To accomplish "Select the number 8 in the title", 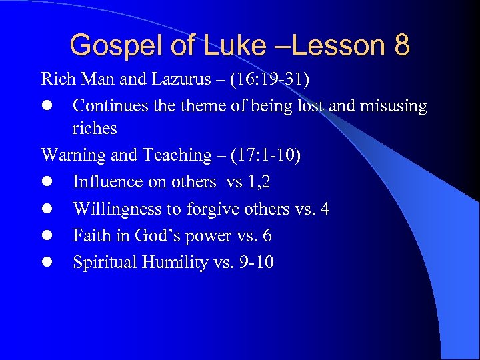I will pyautogui.click(x=401, y=45).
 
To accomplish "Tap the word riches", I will pyautogui.click(x=95, y=128).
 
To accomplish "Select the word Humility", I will pyautogui.click(x=167, y=263).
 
